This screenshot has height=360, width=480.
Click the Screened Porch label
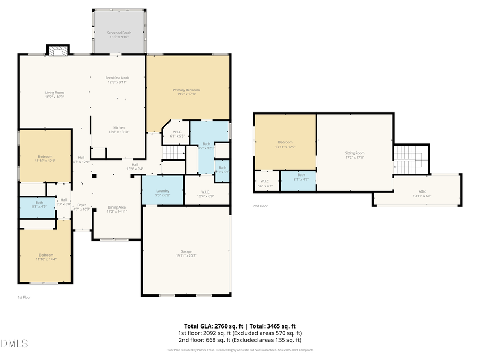click(119, 35)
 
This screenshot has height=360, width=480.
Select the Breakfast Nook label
click(117, 80)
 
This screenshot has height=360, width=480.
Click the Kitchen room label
click(118, 130)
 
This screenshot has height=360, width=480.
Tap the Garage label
click(186, 253)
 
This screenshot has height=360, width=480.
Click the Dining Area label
click(117, 209)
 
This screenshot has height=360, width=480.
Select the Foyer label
click(82, 206)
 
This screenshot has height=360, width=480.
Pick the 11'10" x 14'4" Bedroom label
click(46, 257)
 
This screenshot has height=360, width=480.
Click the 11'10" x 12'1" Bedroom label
click(46, 158)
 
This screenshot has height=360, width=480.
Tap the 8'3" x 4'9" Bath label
click(39, 204)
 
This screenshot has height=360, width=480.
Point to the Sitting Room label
click(354, 155)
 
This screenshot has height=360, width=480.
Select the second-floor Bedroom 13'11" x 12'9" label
click(285, 145)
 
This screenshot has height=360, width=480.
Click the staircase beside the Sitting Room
click(411, 159)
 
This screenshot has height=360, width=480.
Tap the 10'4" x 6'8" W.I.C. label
click(206, 194)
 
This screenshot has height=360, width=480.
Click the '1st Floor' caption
click(23, 297)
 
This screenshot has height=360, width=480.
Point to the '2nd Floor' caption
click(260, 206)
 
